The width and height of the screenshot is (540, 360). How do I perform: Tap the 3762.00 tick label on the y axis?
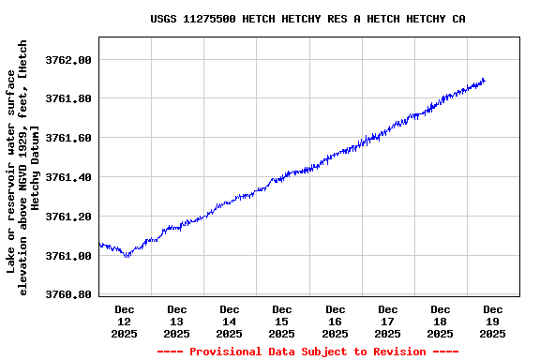pos(68,60)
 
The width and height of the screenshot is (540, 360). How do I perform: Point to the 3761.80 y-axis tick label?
pos(68,99)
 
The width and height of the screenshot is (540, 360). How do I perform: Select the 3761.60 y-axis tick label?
pos(68,139)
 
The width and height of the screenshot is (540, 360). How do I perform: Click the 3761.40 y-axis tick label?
pos(68,177)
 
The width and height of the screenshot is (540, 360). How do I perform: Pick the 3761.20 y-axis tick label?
pos(68,217)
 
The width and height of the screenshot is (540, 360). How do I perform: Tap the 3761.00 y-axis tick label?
pos(68,256)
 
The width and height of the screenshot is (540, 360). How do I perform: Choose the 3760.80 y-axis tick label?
pos(68,295)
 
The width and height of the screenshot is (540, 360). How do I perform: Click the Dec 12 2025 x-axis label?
pos(125,321)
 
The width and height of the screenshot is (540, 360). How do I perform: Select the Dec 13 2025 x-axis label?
pos(177,321)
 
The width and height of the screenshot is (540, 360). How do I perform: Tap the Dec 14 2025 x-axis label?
pos(230,321)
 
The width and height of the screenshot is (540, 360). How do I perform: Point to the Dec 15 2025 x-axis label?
pos(282,321)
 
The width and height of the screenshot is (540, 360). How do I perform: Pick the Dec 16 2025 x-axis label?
pos(335,321)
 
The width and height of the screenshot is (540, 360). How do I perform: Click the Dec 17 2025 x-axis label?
pos(387,321)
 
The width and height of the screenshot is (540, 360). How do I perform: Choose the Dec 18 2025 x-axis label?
pos(440,321)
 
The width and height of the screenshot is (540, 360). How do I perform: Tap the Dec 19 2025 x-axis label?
pos(492,321)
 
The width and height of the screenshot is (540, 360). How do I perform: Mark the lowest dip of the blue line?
pos(127,256)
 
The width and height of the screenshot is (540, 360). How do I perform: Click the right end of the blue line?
pos(484,81)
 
